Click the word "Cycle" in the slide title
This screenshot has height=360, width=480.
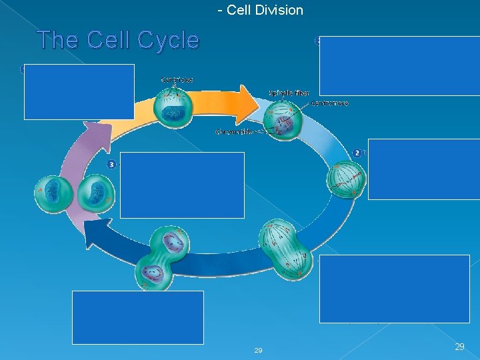(x=168, y=41)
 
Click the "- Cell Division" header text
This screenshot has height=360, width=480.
(x=260, y=10)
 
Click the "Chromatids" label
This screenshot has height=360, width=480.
(x=233, y=132)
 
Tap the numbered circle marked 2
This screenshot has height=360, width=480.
(x=357, y=153)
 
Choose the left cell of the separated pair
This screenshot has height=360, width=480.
(x=53, y=195)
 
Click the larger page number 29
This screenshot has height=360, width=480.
(x=459, y=347)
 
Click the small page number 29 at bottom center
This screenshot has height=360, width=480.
(x=258, y=351)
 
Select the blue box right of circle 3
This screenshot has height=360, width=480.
(x=182, y=185)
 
